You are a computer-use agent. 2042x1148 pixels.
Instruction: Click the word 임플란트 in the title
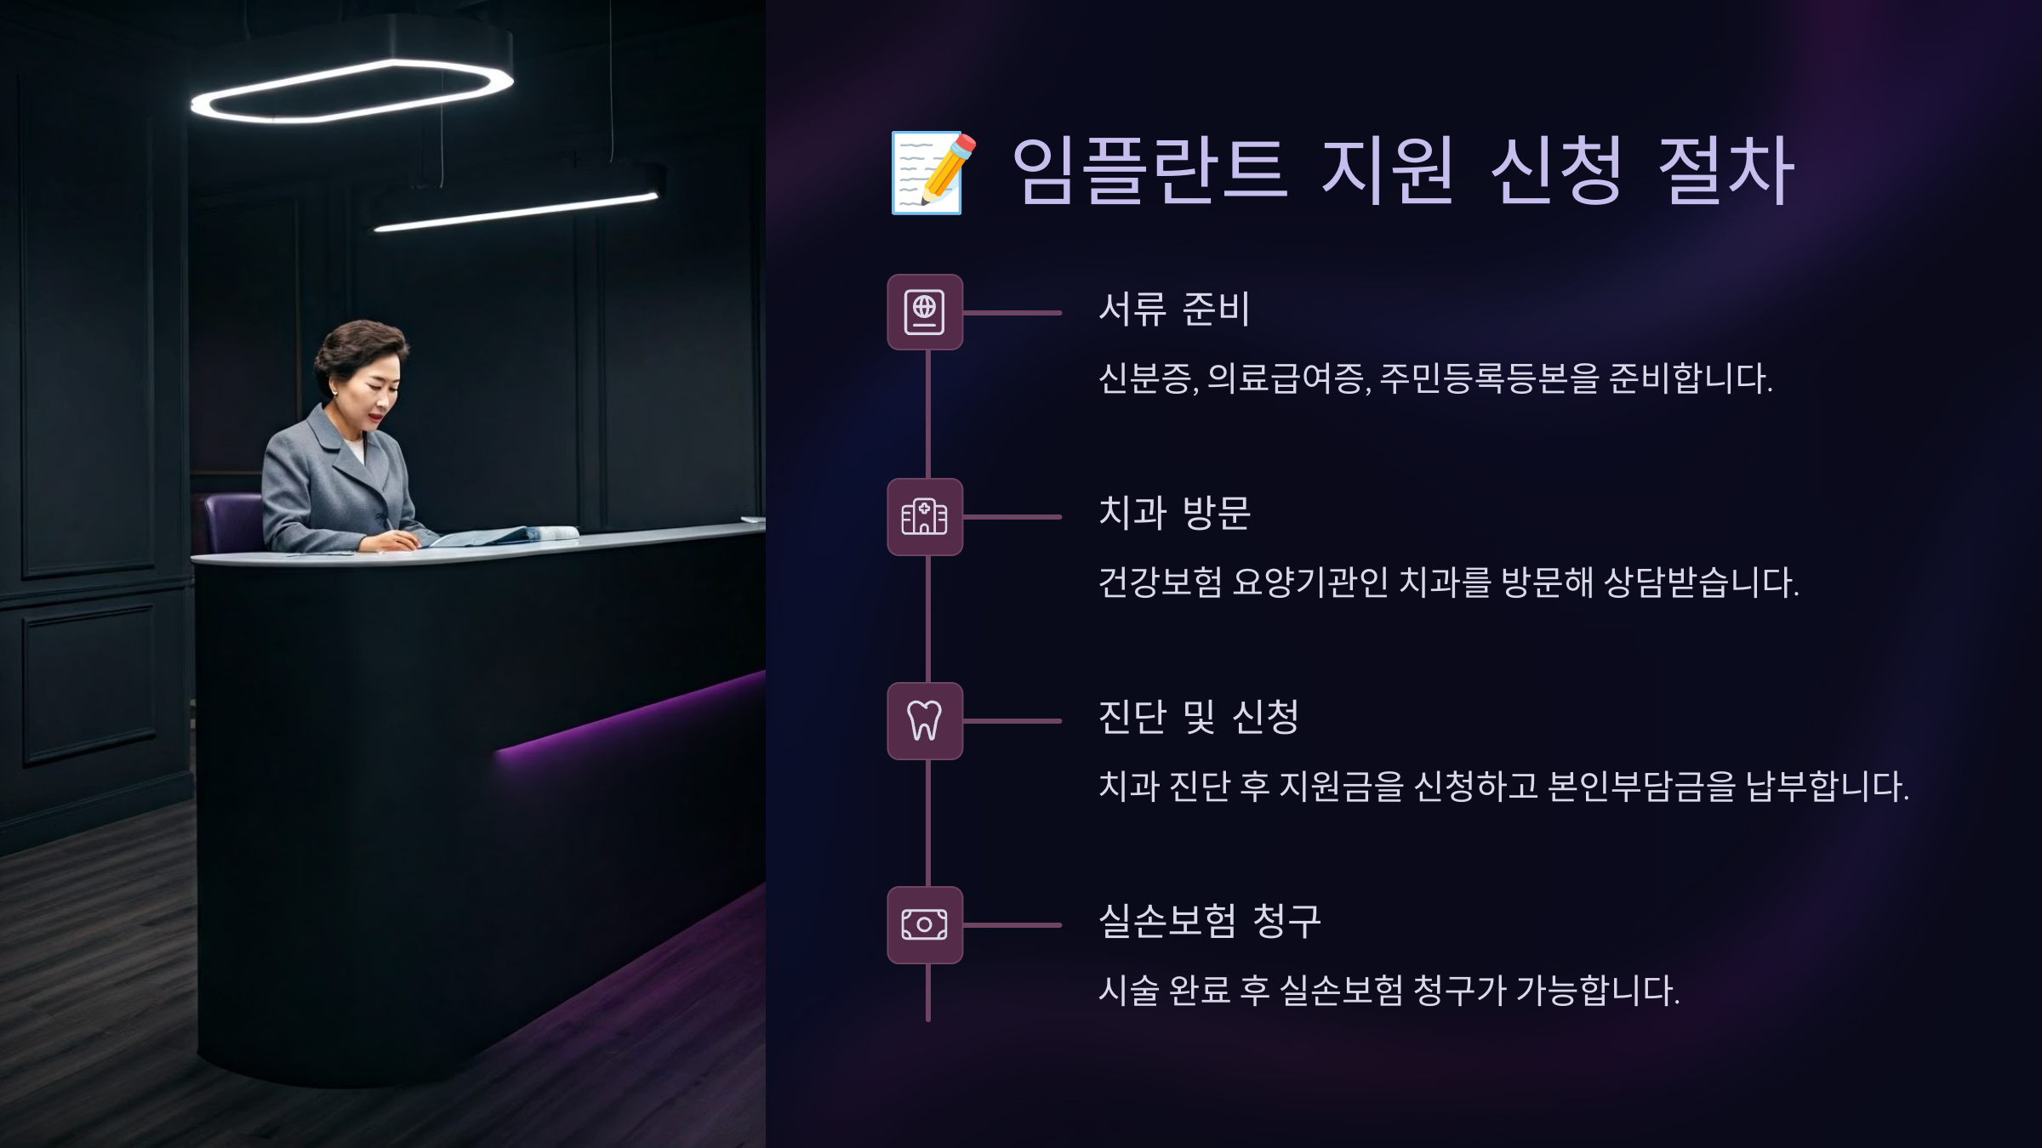pos(1149,170)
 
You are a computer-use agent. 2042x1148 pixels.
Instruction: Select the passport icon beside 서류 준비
pos(925,312)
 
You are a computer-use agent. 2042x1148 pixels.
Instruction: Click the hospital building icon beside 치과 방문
pos(925,516)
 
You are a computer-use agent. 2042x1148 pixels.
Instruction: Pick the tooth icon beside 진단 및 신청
pos(925,720)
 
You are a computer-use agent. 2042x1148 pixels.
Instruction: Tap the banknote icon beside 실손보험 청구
pos(925,924)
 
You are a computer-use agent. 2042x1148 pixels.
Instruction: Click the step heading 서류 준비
pos(1174,309)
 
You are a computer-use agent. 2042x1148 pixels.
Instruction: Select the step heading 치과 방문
pos(1174,513)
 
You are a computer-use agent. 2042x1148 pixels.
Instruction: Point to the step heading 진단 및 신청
pos(1198,717)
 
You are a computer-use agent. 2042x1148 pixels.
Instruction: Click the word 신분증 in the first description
pos(1145,378)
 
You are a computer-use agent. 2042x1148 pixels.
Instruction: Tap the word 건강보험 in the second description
pos(1161,583)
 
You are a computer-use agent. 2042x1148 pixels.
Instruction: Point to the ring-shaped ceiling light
pos(351,92)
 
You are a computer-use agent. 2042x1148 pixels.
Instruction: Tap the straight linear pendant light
pos(516,213)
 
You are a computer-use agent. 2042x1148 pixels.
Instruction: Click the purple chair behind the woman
pos(231,520)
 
